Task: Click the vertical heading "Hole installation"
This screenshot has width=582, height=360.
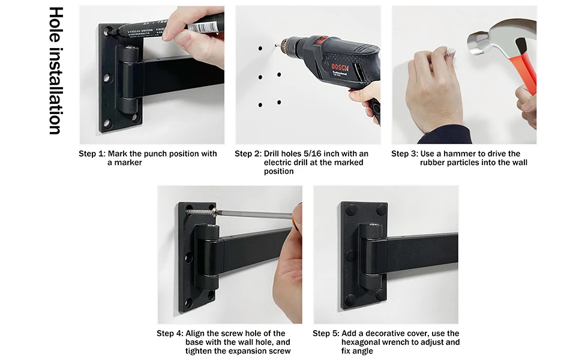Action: (x=56, y=71)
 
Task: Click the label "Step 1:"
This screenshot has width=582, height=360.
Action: (x=92, y=154)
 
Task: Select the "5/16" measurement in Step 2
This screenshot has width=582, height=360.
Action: (x=311, y=154)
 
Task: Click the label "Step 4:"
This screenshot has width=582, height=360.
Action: (x=170, y=333)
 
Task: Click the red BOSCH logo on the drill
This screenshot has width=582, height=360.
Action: (x=340, y=68)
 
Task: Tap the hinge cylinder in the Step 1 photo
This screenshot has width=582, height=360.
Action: (x=129, y=73)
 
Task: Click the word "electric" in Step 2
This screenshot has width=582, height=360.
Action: (x=279, y=163)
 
